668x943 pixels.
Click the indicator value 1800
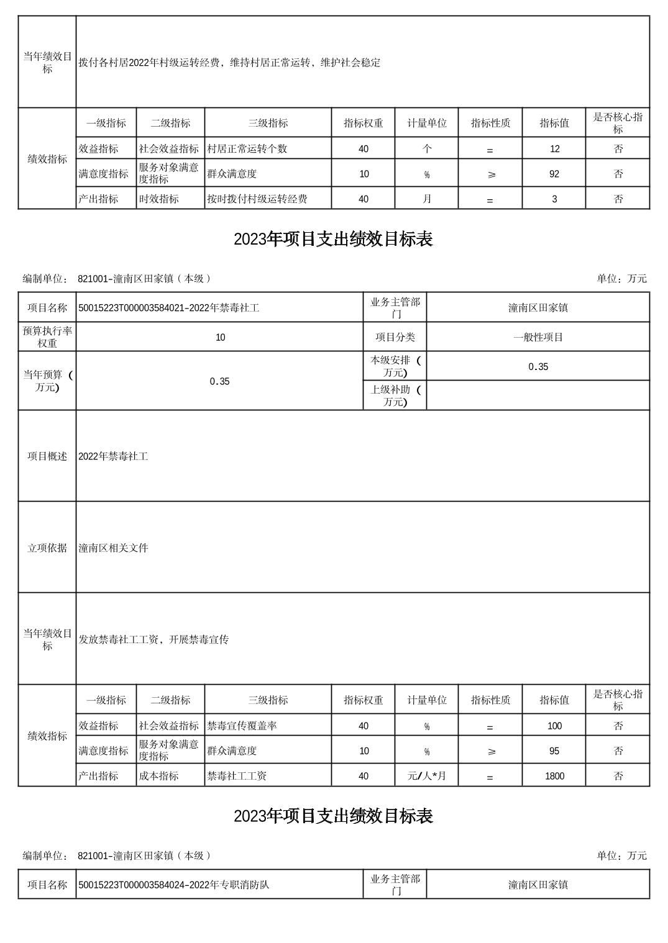[554, 776]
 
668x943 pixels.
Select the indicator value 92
[554, 174]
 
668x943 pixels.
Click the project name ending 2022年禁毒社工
[169, 308]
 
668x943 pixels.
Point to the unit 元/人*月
[427, 776]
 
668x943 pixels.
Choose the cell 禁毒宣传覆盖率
[242, 726]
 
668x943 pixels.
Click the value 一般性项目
[538, 337]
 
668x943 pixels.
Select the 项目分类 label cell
[395, 337]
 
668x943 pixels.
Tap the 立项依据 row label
[47, 548]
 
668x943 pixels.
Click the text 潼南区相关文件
[114, 548]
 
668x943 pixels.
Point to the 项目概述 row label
[47, 456]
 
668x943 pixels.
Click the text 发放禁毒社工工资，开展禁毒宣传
[153, 639]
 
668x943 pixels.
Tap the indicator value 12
[554, 149]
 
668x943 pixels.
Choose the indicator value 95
[554, 751]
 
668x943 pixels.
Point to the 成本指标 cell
[159, 776]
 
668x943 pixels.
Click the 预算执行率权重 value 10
[220, 337]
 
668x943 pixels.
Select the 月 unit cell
[427, 199]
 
